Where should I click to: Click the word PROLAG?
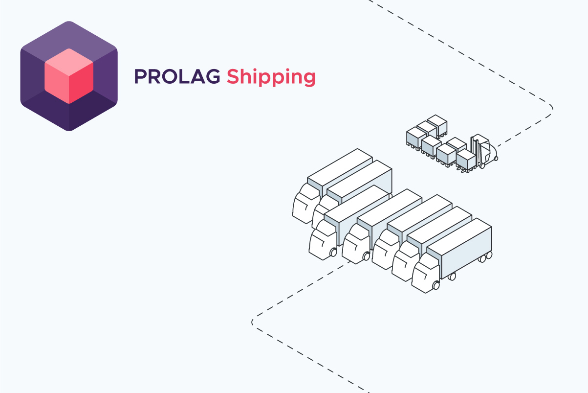pos(177,76)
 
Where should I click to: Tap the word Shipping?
pos(271,77)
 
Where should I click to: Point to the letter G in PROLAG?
pos(212,76)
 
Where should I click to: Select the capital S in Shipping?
pos(234,76)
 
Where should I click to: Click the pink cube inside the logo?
pos(69,76)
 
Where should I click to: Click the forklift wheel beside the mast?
pos(482,166)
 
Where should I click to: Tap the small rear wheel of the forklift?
pos(496,159)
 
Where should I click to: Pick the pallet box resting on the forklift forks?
pos(466,159)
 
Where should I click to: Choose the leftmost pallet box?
pos(416,139)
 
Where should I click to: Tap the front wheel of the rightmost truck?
pos(436,285)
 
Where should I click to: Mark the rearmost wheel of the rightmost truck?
pos(489,255)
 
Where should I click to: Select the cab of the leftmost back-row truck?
pos(306,204)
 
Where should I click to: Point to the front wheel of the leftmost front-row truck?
pos(333,253)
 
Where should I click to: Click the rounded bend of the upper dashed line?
pos(551,108)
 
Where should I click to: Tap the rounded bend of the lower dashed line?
pos(253,322)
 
